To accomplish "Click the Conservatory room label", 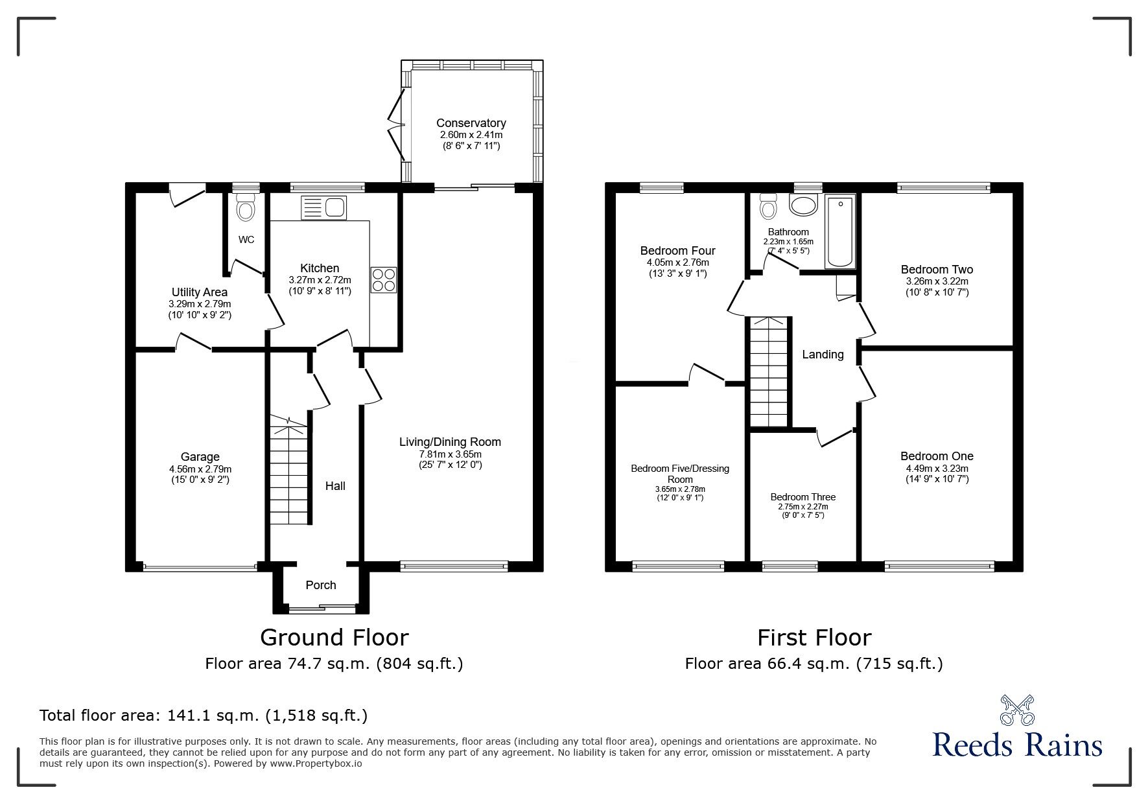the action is click(x=471, y=123).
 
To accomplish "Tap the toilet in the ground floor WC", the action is click(x=246, y=208).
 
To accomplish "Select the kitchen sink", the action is click(x=325, y=207).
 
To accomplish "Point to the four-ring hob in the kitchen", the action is click(x=383, y=280).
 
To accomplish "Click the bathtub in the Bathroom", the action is click(x=840, y=231).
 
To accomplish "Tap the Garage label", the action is click(x=200, y=458).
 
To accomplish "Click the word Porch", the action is click(x=321, y=585).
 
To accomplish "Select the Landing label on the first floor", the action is click(x=823, y=355).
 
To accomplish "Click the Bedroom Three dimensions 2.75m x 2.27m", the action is click(x=803, y=507).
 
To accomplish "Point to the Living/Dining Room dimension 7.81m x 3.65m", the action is click(x=450, y=454).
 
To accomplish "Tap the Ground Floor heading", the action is click(x=334, y=638).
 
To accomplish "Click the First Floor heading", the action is click(x=814, y=638).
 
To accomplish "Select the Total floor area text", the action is click(x=204, y=716).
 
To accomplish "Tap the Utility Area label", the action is click(x=200, y=292).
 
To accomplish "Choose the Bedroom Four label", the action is click(x=678, y=251).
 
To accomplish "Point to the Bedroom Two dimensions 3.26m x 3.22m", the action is click(x=937, y=282).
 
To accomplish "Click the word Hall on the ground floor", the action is click(x=335, y=486).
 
